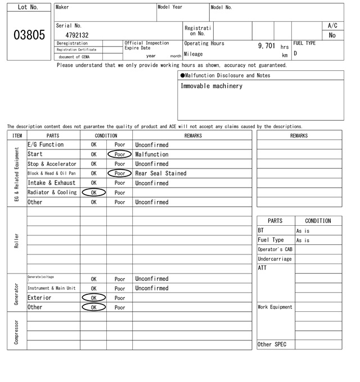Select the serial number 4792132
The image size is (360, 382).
pos(73,35)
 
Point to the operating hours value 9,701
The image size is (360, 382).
pos(267,45)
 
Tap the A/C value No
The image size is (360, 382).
pos(332,35)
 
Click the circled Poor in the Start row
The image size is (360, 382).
pos(119,154)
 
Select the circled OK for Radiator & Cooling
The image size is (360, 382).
pos(93,193)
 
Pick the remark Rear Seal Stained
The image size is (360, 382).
pos(160,174)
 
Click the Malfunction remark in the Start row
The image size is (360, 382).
pos(151,154)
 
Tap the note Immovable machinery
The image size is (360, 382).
pos(211,86)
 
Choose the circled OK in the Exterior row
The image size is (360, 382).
pos(93,298)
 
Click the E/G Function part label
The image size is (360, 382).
pos(45,145)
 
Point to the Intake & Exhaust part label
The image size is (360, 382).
pos(51,183)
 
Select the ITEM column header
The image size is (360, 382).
pos(17,135)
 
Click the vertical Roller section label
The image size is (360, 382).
pos(16,240)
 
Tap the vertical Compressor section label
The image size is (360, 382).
pos(16,333)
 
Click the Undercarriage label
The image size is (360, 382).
pos(274,259)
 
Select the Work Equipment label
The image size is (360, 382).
pos(275,307)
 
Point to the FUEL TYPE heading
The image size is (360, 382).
pos(305,43)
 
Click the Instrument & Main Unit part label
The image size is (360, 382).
pos(51,288)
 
